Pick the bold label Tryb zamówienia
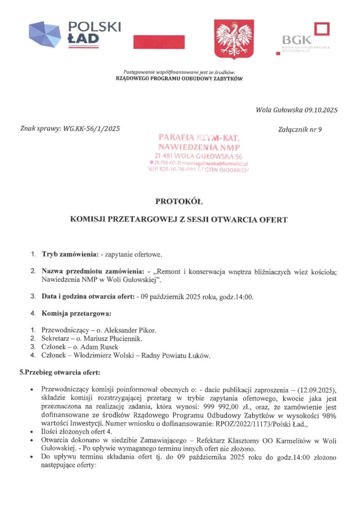click(x=70, y=254)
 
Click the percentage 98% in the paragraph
click(x=329, y=414)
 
